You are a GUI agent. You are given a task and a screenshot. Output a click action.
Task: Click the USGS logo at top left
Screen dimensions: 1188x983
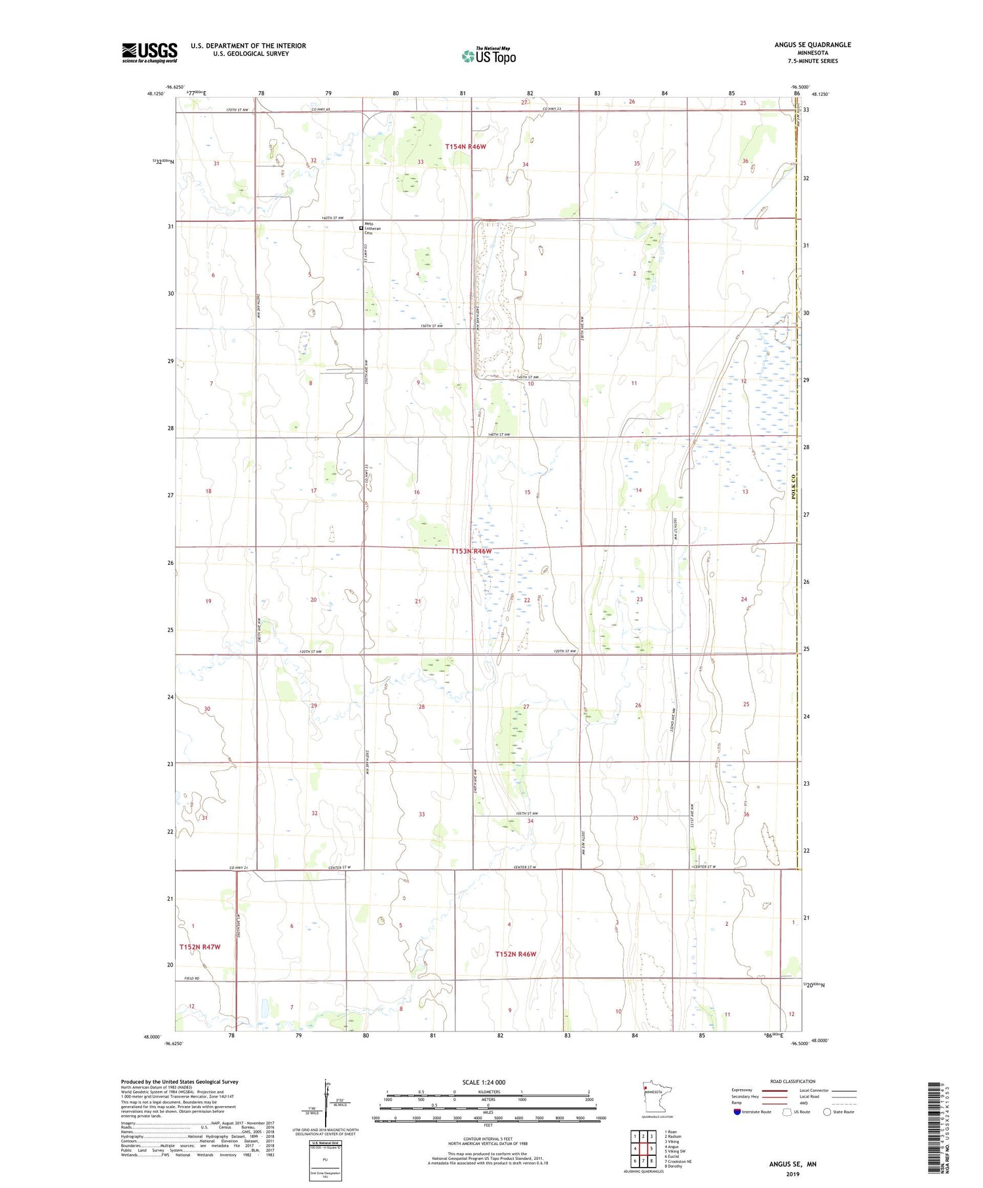149,52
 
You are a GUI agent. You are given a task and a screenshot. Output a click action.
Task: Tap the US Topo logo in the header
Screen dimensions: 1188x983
488,56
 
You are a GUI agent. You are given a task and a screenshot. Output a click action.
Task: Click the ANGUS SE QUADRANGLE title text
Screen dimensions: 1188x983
812,45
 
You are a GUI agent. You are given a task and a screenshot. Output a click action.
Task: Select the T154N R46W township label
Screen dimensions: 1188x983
465,147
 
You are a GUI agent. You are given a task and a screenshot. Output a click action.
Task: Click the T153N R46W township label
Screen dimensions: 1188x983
471,551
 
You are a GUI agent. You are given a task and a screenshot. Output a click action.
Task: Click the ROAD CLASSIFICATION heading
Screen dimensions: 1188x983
793,1081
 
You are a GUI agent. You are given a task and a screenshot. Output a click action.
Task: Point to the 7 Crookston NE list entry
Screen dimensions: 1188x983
678,1161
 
